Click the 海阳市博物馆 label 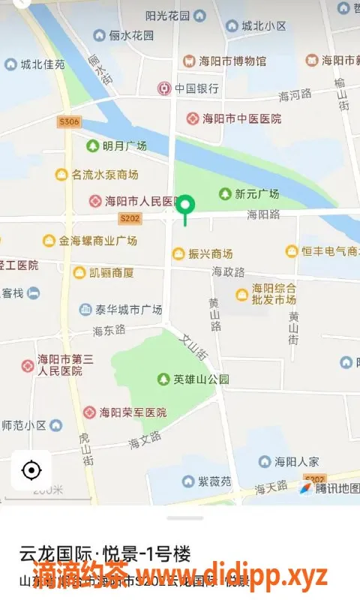[x=232, y=61]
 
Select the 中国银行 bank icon [x=164, y=88]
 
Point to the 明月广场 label [x=124, y=145]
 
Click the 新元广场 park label [x=256, y=193]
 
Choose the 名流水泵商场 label [x=104, y=175]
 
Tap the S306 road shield [x=68, y=121]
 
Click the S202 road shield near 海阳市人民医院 [x=130, y=218]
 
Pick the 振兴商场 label [x=211, y=253]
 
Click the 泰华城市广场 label [x=128, y=309]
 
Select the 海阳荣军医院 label [x=133, y=412]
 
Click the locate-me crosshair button [x=31, y=470]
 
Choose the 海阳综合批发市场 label [x=274, y=293]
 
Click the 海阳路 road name [x=263, y=214]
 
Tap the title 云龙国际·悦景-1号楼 [x=105, y=554]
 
